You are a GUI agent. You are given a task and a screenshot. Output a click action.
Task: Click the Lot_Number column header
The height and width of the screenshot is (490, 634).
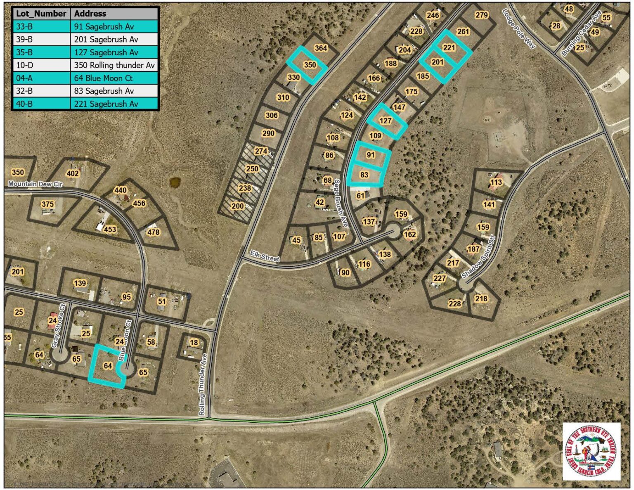(x=41, y=14)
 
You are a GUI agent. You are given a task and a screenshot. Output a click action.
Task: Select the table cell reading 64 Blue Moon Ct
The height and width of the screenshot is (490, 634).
(x=103, y=78)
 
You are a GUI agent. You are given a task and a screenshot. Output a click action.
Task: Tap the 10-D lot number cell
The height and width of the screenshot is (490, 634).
(x=25, y=65)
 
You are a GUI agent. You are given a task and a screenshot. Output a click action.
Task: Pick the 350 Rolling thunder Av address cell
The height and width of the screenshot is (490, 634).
(x=114, y=65)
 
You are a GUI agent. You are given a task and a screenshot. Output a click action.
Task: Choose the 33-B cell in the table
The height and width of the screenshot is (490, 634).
(x=24, y=26)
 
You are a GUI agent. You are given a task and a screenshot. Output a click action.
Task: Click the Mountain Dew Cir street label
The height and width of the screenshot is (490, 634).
(x=35, y=184)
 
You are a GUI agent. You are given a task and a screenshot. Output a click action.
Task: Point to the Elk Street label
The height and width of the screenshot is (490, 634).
(x=265, y=257)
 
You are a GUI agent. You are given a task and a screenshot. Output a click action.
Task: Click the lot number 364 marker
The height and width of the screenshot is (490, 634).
(x=321, y=48)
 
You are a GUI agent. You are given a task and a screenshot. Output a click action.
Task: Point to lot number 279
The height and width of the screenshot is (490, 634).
(x=482, y=15)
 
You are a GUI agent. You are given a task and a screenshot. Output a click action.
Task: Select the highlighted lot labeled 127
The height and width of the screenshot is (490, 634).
(x=385, y=121)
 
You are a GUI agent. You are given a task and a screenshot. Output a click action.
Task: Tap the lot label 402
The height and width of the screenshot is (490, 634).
(x=73, y=173)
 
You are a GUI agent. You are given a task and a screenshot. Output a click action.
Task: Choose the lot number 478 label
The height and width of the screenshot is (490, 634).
(x=153, y=232)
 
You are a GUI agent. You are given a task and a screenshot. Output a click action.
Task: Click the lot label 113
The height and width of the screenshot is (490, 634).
(x=496, y=182)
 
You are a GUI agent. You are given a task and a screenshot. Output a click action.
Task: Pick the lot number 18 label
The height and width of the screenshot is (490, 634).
(x=194, y=342)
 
